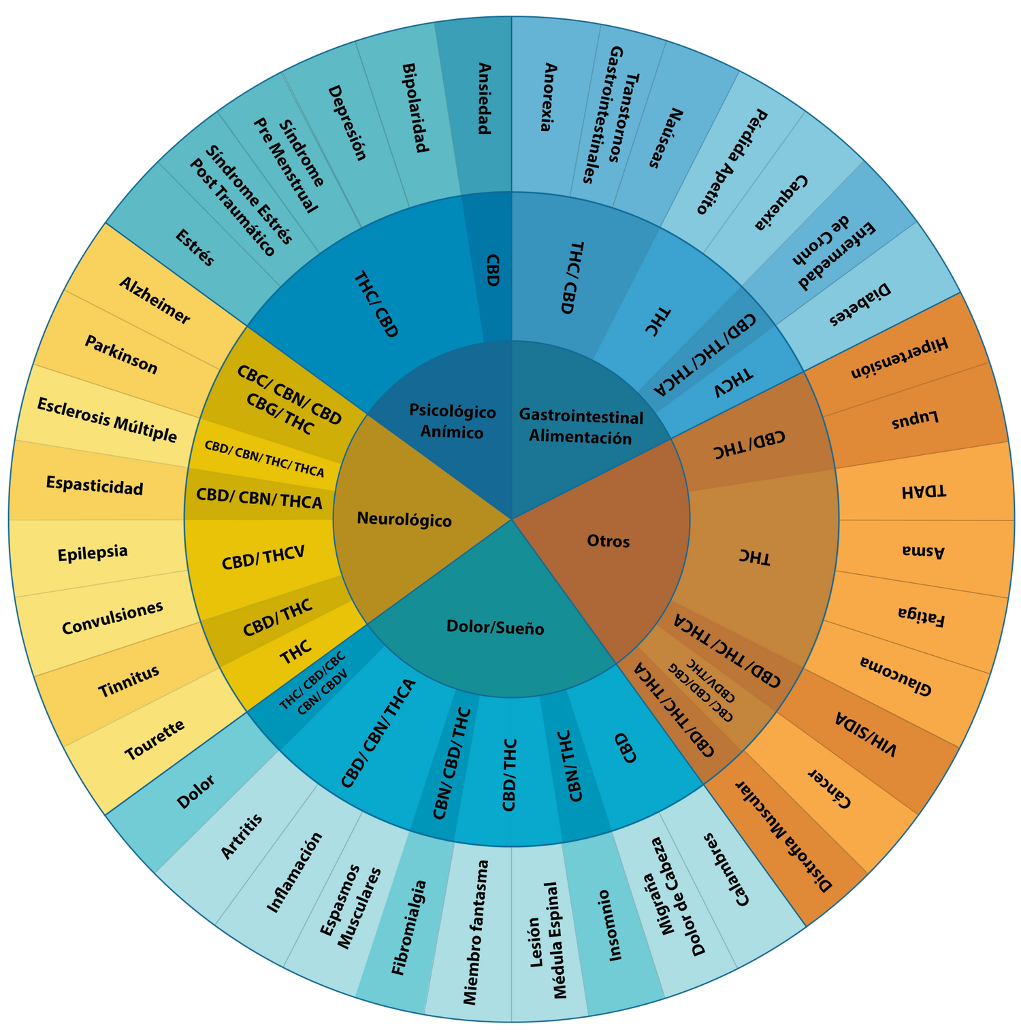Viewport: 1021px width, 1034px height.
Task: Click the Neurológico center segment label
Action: pyautogui.click(x=404, y=520)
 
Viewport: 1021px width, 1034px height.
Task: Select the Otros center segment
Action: pyautogui.click(x=608, y=541)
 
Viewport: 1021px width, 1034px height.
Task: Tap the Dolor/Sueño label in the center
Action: pyautogui.click(x=495, y=627)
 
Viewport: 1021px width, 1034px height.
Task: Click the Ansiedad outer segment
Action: pyautogui.click(x=484, y=99)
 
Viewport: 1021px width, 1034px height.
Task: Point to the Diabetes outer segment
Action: pyautogui.click(x=860, y=304)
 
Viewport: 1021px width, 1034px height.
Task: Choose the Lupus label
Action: pyautogui.click(x=915, y=420)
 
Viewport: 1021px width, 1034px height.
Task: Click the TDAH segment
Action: pyautogui.click(x=923, y=491)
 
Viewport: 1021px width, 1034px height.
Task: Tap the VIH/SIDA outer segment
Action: pyautogui.click(x=866, y=735)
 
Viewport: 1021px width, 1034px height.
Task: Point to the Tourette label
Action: pyautogui.click(x=155, y=740)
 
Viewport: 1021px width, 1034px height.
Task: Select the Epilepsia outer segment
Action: pyautogui.click(x=93, y=552)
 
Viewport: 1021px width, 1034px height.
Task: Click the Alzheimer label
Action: pyautogui.click(x=155, y=300)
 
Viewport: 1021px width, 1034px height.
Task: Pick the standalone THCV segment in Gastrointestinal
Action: pyautogui.click(x=734, y=383)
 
